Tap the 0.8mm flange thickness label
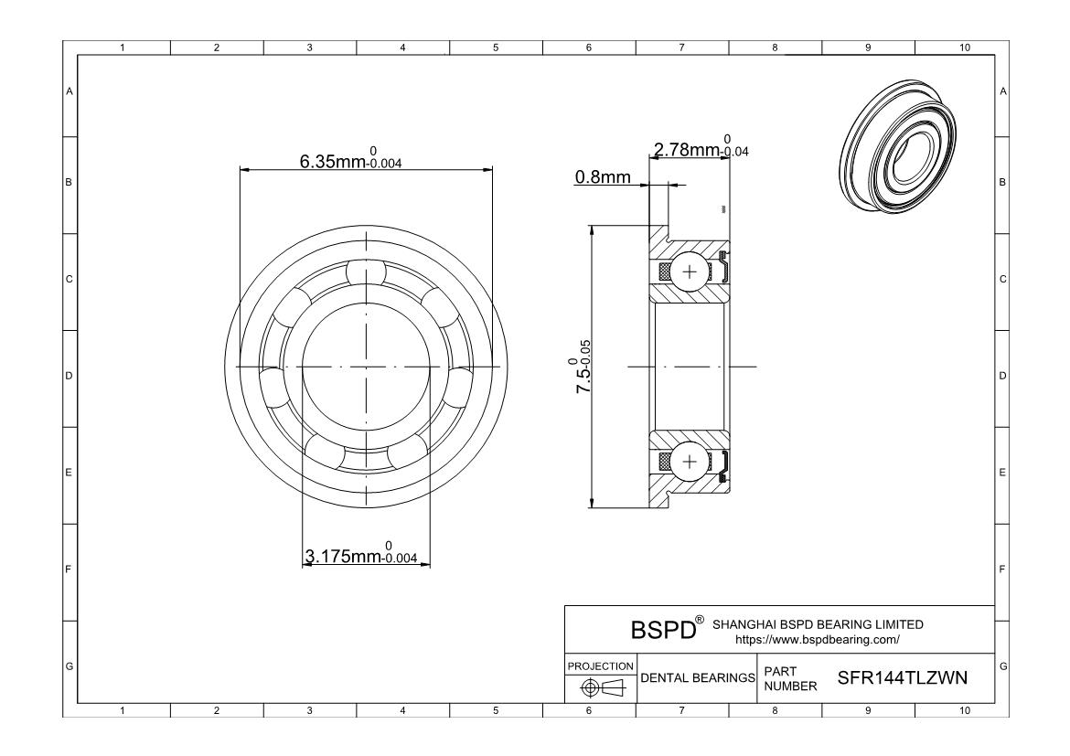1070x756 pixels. pos(602,177)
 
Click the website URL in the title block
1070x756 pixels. pos(818,639)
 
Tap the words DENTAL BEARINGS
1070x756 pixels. pos(696,677)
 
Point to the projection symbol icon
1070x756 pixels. pos(600,687)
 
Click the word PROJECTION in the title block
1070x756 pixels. pos(600,665)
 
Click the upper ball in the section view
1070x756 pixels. pos(689,272)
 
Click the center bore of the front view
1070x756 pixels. pos(366,367)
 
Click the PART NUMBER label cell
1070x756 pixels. pos(783,677)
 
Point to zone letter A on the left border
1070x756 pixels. pos(69,91)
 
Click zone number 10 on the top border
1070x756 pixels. pos(963,48)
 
